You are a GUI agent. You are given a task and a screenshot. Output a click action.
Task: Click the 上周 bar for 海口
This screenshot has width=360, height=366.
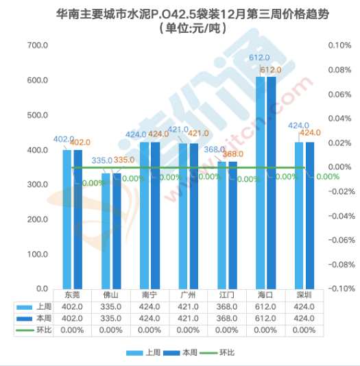[261, 182]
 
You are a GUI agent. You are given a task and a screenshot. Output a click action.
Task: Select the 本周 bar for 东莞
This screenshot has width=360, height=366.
[77, 219]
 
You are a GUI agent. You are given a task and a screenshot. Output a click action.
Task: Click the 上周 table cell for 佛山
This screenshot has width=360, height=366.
[110, 307]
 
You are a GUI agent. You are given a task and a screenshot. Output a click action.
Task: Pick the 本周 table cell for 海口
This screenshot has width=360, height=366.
[265, 319]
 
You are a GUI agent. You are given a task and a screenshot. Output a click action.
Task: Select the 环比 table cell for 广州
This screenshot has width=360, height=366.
[188, 330]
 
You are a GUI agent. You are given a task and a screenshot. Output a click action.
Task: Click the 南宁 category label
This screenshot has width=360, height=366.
[149, 295]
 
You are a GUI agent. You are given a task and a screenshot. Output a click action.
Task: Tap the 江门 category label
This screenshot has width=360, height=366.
[227, 295]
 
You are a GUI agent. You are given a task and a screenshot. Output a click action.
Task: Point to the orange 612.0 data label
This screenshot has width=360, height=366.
[272, 70]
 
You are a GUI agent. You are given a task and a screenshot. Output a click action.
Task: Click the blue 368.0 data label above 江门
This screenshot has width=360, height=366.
[215, 149]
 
